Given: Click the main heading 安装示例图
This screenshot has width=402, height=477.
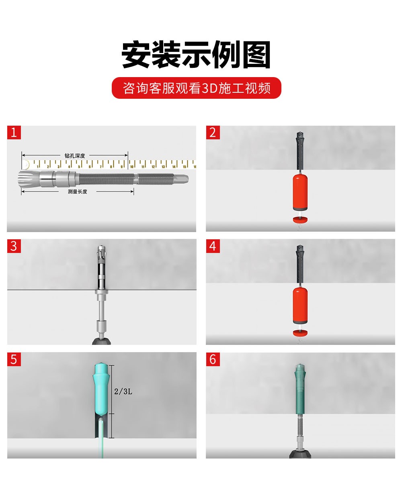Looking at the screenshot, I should (196, 55).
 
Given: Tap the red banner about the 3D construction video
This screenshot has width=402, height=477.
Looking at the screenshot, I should (196, 88).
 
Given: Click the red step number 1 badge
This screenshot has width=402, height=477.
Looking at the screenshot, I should (14, 132).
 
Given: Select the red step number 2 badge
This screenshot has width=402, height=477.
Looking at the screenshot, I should (213, 132).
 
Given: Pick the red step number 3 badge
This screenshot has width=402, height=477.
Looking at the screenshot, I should (14, 246).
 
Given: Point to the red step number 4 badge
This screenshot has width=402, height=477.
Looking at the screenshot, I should (213, 246).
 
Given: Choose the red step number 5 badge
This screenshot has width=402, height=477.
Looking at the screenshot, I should (14, 359).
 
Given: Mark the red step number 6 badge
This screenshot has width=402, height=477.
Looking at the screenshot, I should (213, 359).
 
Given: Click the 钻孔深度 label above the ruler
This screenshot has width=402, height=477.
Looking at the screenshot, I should (75, 155).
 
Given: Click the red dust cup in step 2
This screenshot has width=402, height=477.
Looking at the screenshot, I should (300, 192).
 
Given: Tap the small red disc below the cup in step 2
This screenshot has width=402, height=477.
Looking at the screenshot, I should (300, 219).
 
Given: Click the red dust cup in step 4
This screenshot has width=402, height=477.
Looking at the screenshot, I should (300, 305).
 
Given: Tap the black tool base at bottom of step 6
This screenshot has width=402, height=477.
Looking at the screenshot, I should (300, 454).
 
